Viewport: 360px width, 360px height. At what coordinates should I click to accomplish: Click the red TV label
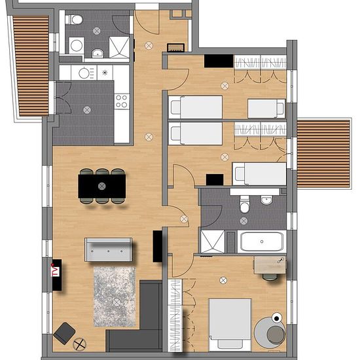pos(56,272)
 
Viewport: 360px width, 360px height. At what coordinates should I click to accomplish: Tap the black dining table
pos(102,186)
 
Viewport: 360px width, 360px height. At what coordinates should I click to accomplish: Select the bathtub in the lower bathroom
pos(262,242)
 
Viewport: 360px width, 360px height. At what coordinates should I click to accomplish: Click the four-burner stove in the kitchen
pos(122,101)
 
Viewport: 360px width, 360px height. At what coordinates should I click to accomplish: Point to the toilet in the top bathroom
pos(74,20)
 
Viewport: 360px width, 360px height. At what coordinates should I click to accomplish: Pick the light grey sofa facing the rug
pos(109,249)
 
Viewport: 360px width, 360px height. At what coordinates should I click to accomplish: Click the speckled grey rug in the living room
pos(115,297)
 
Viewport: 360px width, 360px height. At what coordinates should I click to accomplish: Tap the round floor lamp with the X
pos(79,344)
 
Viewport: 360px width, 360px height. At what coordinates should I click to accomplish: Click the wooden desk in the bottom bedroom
pos(270,265)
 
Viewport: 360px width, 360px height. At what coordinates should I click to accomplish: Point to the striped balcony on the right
pos(323,153)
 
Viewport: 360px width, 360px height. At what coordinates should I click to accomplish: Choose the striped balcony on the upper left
pos(31,65)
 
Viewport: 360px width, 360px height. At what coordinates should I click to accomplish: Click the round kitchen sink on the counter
pos(84,73)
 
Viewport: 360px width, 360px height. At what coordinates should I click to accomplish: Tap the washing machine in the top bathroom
pos(77,45)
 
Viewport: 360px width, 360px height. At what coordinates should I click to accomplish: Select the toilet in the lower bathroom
pos(245,204)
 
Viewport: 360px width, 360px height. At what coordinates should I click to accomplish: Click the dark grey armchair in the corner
pos(65,333)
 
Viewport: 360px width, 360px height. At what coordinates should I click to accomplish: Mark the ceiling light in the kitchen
pos(87,110)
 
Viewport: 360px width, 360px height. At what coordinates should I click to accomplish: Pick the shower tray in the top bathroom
pos(119,47)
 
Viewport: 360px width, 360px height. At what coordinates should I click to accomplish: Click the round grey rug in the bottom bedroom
pos(270,332)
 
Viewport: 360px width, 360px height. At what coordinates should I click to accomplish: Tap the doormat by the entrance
pos(175,48)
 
